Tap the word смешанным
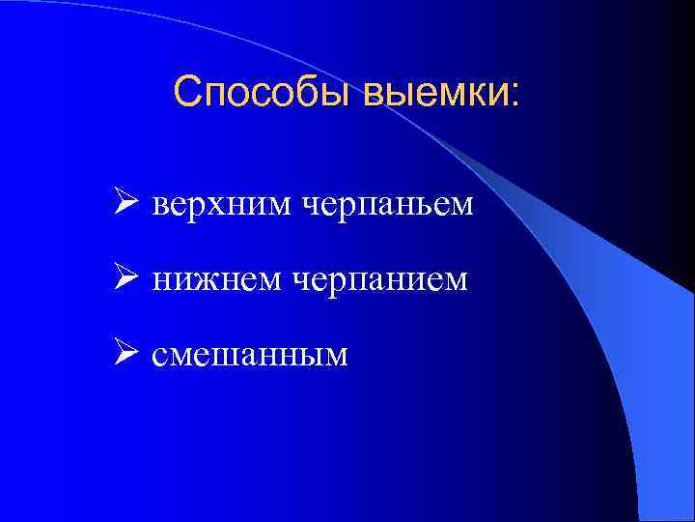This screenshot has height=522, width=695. click(249, 356)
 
